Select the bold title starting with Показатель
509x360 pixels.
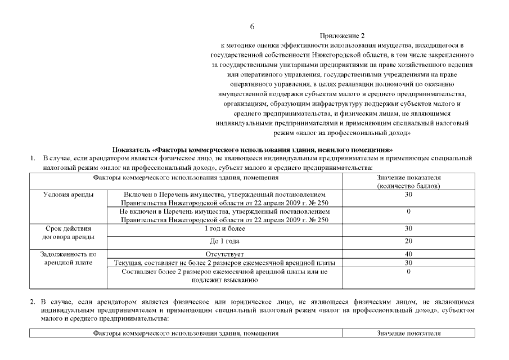point(252,150)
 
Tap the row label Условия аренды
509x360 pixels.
point(68,194)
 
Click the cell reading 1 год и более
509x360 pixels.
point(224,229)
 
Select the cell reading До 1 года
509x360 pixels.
point(224,241)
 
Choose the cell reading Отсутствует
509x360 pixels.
point(224,254)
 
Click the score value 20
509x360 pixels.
point(408,241)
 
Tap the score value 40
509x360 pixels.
point(408,254)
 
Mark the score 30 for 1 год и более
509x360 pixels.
point(408,229)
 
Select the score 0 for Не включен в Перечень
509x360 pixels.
point(408,211)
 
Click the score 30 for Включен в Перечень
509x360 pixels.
point(408,194)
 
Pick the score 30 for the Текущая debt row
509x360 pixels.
point(408,263)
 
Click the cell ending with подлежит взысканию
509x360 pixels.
point(224,276)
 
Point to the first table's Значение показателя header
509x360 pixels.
point(408,181)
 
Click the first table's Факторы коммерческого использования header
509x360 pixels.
point(186,177)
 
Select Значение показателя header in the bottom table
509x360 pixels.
point(408,334)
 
